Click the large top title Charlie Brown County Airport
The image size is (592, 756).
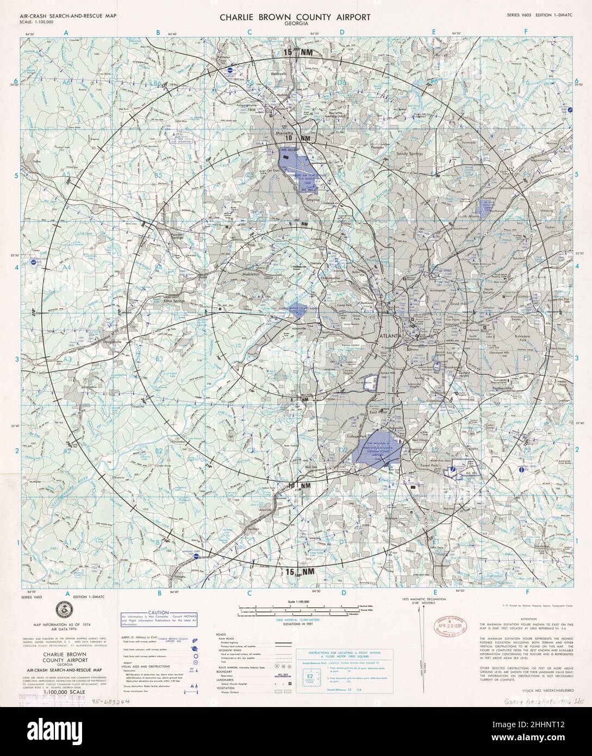[x=295, y=17]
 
